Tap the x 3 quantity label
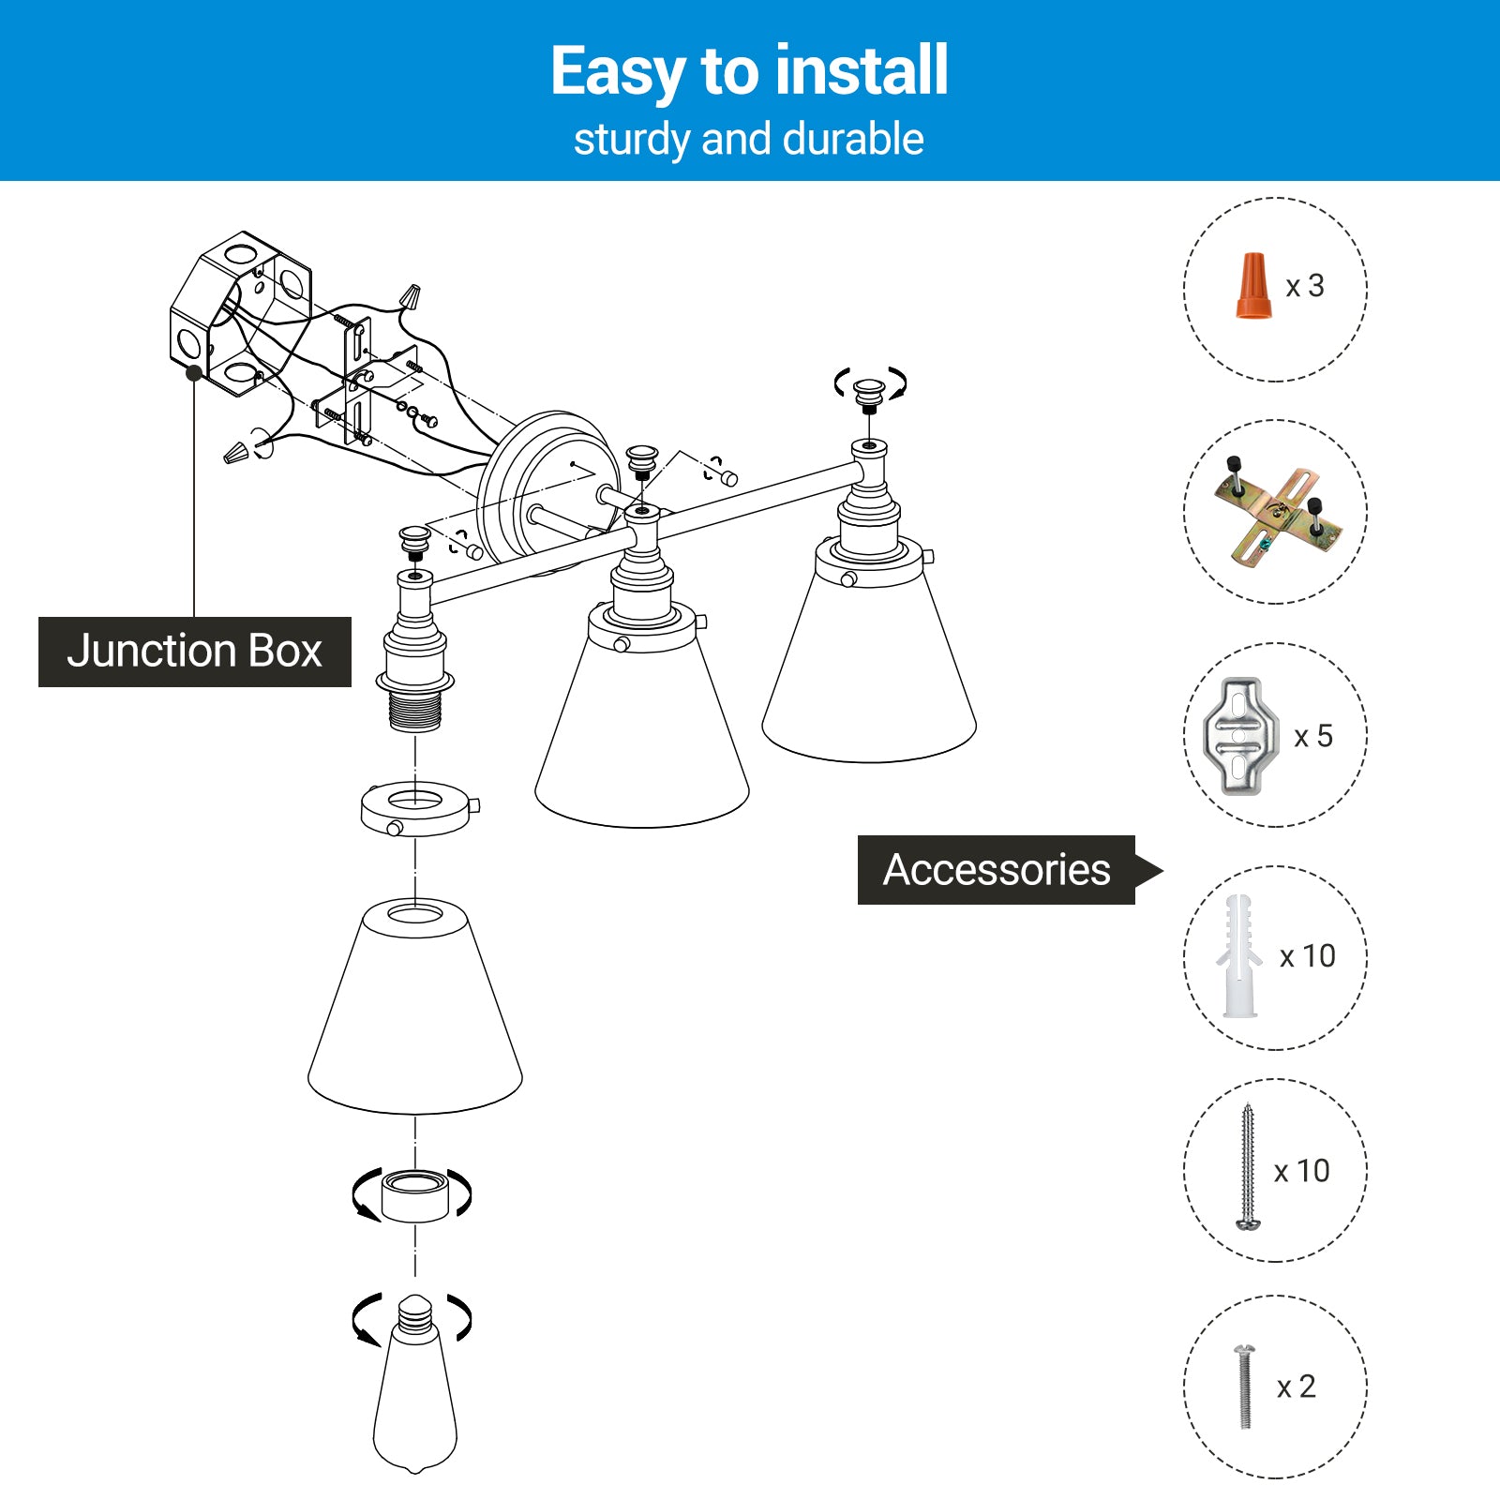[1305, 286]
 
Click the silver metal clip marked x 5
[1240, 736]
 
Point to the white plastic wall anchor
[1238, 956]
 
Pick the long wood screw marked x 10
[1248, 1167]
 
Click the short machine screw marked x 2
[1245, 1386]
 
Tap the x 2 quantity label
[1297, 1387]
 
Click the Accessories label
[997, 870]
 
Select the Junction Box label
[194, 652]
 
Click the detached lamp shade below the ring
[415, 1008]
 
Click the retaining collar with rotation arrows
[415, 1196]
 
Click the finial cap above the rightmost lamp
[870, 392]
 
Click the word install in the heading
[862, 71]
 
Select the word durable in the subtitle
[853, 140]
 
